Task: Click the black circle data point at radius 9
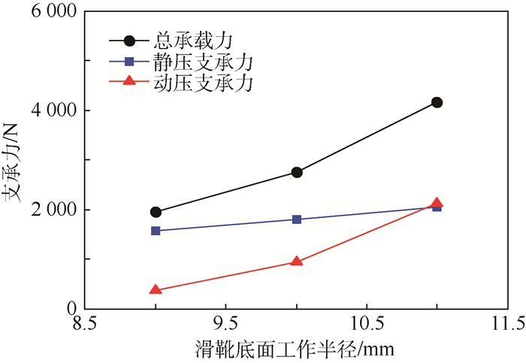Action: click(x=156, y=212)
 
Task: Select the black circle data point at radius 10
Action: click(x=297, y=172)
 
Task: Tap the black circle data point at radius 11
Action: click(x=437, y=102)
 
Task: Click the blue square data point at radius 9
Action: click(x=156, y=231)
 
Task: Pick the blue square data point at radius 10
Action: click(x=297, y=219)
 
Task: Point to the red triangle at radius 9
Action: click(x=156, y=289)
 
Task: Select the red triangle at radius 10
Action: click(x=297, y=262)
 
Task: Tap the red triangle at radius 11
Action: click(x=437, y=203)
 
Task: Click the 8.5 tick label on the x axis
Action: click(x=84, y=324)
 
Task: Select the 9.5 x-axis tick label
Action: click(x=225, y=324)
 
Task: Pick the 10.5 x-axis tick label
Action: click(x=366, y=324)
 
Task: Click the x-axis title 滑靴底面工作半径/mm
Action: click(x=296, y=349)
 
